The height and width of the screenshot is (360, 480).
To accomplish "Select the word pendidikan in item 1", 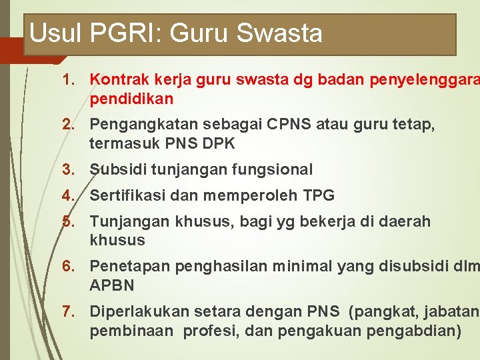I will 131,99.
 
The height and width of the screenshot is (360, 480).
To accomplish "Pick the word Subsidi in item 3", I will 118,170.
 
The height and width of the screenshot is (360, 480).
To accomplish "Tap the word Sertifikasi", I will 127,195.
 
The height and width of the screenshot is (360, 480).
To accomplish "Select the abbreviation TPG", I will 319,195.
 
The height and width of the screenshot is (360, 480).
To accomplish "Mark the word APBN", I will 112,285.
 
